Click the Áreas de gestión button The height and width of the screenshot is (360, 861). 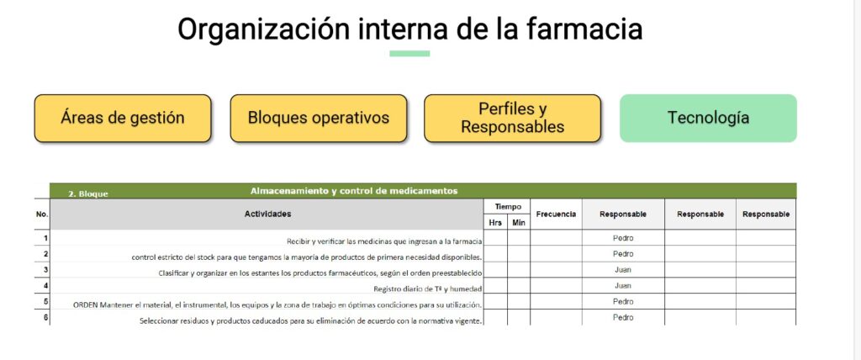123,118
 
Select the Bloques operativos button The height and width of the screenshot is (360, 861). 319,118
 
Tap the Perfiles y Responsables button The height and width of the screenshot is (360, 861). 512,118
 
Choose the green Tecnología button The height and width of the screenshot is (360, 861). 708,118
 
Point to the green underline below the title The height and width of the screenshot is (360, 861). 409,53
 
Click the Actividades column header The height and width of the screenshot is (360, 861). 267,214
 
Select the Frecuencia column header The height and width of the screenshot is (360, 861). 556,214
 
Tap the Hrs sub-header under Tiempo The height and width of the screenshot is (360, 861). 494,223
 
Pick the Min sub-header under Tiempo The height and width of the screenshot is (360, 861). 518,223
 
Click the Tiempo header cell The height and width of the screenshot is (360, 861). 508,207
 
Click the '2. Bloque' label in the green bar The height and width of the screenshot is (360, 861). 87,193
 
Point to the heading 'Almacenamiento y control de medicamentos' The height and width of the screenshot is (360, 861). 354,191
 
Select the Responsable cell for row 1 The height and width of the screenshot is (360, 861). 623,238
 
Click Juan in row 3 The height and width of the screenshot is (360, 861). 623,270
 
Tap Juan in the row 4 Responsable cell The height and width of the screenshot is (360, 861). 623,286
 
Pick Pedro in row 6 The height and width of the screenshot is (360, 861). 623,317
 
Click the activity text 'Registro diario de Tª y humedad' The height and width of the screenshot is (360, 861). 428,289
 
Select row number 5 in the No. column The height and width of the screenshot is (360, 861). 46,301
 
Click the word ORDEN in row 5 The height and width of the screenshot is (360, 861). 85,304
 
